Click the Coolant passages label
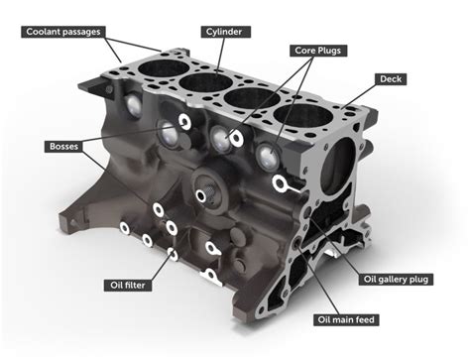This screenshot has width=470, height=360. coord(64,32)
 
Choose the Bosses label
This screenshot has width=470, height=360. coord(63,147)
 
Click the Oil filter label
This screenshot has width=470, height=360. coord(126,285)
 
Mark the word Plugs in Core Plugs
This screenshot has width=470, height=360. coord(332,49)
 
